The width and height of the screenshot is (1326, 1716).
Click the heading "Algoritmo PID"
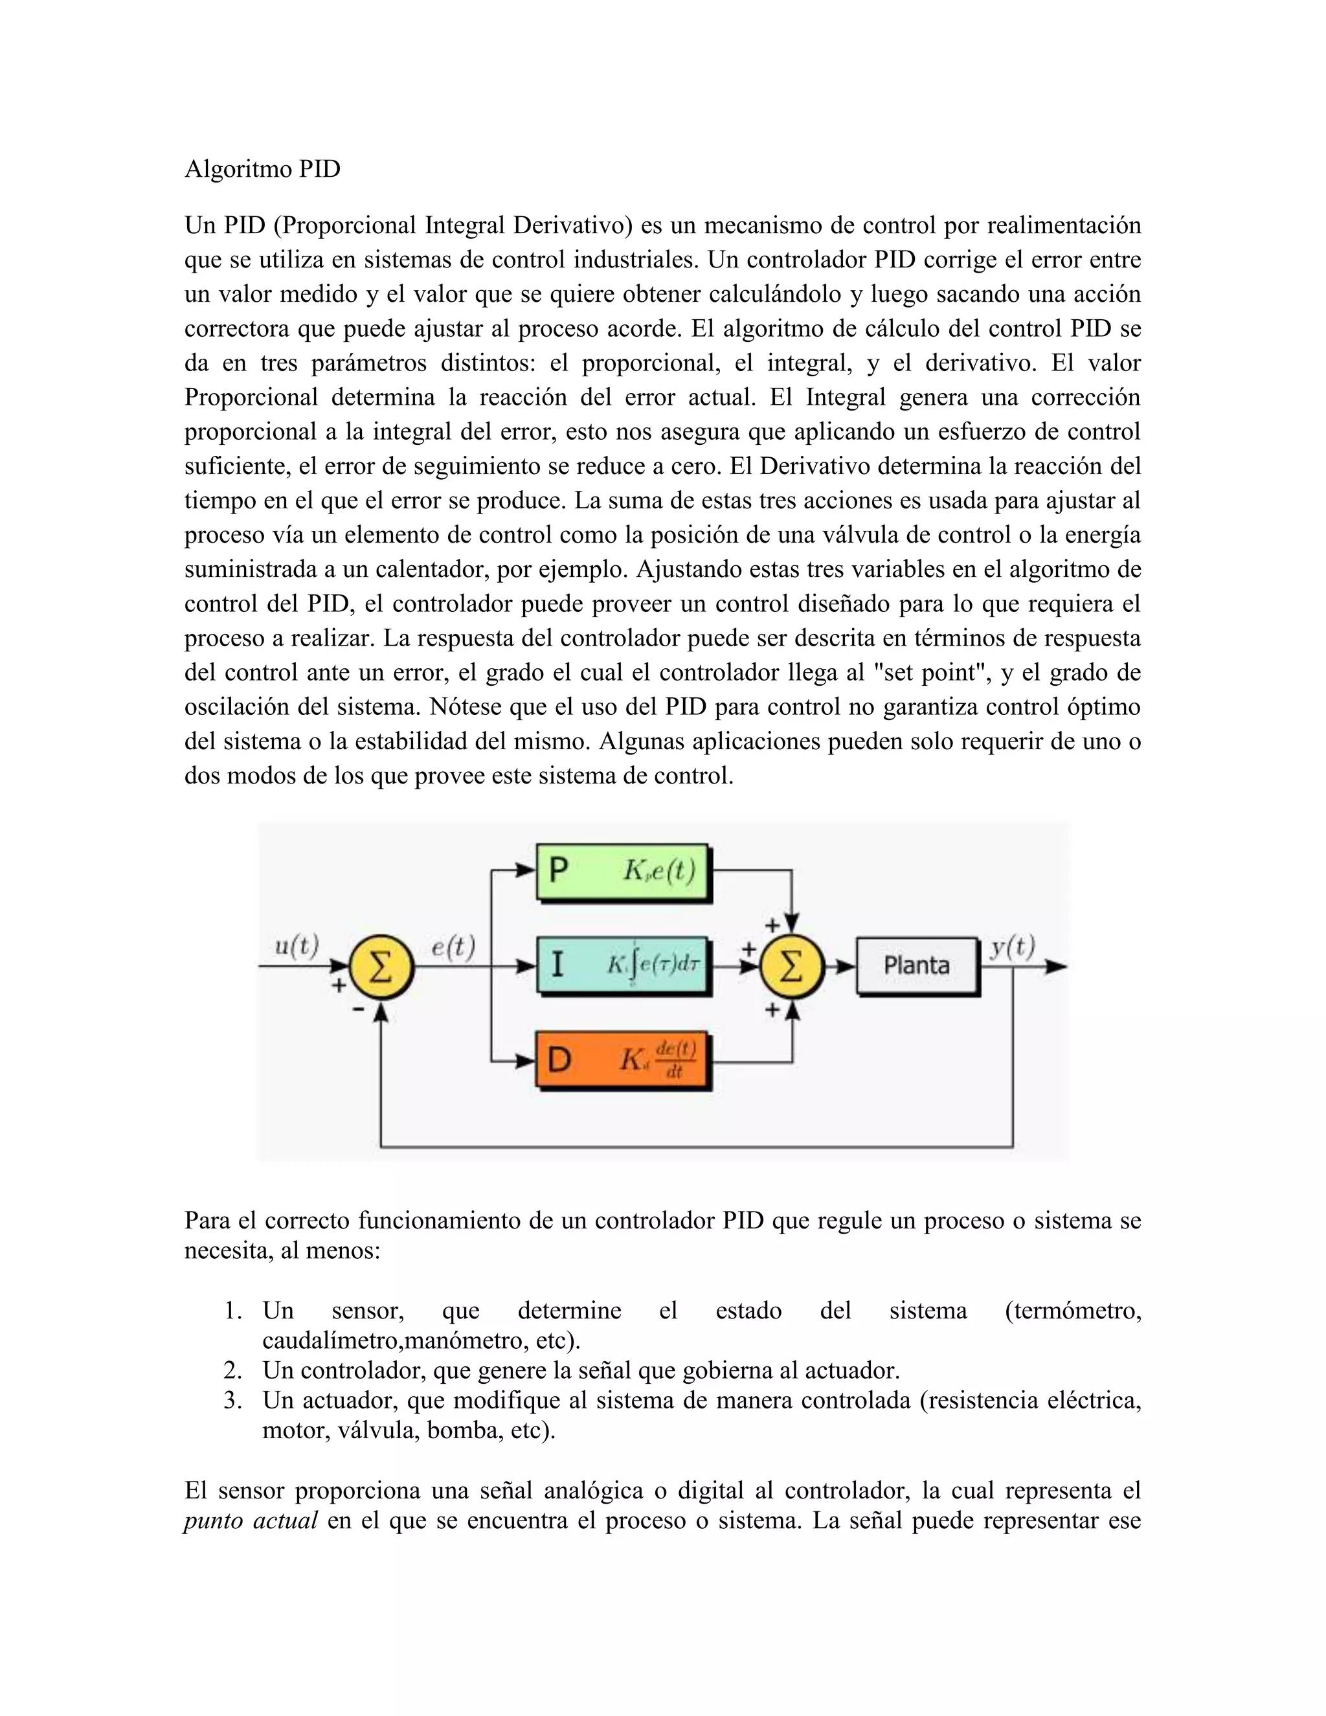(262, 169)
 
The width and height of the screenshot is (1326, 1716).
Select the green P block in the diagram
(622, 872)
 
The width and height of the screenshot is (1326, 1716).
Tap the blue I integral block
(623, 965)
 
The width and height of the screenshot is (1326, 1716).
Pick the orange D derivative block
(622, 1059)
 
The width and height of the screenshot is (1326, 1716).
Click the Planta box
(917, 965)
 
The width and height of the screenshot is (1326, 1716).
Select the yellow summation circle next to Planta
(792, 966)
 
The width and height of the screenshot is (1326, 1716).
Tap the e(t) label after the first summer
(453, 947)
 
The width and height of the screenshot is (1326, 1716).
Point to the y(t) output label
(1012, 947)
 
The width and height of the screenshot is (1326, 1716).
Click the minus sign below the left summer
(358, 1008)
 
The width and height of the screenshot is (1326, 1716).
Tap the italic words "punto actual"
(251, 1521)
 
